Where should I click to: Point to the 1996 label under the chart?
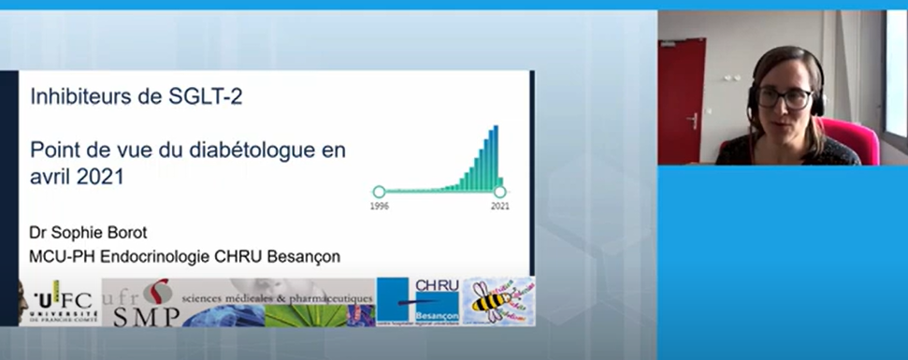tap(379, 205)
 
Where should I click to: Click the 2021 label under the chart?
tap(500, 205)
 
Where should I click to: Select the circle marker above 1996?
tap(379, 192)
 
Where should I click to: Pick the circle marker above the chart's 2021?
tap(500, 192)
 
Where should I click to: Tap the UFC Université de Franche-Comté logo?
tap(58, 302)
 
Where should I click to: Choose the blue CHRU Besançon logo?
tap(418, 301)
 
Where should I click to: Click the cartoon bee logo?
tap(498, 301)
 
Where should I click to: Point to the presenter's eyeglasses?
tap(784, 96)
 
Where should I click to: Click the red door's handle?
tap(694, 120)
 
